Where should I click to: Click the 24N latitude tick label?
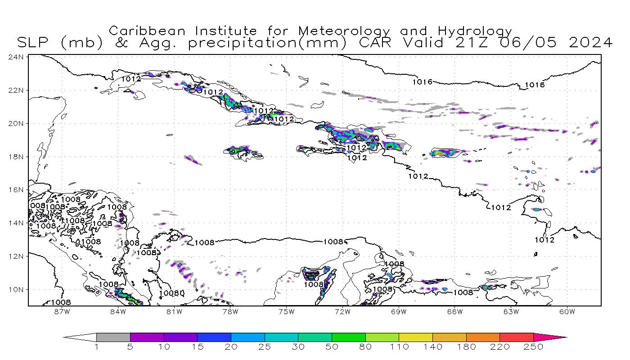(18, 57)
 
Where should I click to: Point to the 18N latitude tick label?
(18, 157)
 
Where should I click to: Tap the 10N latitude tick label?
(18, 289)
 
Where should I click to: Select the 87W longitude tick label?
(62, 311)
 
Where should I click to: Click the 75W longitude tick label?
(286, 311)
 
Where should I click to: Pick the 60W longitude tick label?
(567, 311)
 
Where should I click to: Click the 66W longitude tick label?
(455, 311)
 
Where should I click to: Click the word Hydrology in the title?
(475, 31)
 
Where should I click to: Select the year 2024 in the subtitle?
(590, 43)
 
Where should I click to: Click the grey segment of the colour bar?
(113, 337)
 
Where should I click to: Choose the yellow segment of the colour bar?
(415, 337)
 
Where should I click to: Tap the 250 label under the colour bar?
(533, 347)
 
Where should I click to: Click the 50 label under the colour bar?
(332, 347)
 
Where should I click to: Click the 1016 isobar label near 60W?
(535, 85)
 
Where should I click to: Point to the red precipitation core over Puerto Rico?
(439, 153)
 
